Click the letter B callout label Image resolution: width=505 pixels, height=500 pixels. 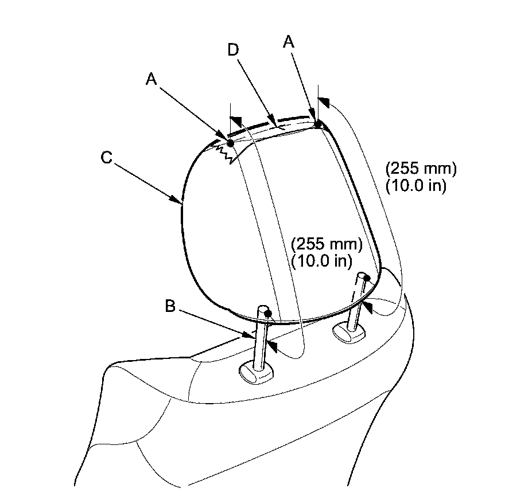(170, 306)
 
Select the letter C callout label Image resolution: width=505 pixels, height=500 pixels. (107, 158)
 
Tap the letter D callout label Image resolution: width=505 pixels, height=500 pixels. (233, 50)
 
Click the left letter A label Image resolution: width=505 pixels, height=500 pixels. (151, 79)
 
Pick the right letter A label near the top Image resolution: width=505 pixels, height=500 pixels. (289, 42)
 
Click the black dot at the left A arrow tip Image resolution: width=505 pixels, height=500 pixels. (230, 143)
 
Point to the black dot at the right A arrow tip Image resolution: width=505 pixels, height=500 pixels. (318, 124)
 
